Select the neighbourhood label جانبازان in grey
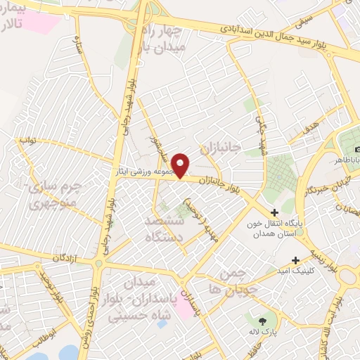[x=220, y=148]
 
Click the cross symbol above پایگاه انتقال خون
[x=274, y=212]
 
